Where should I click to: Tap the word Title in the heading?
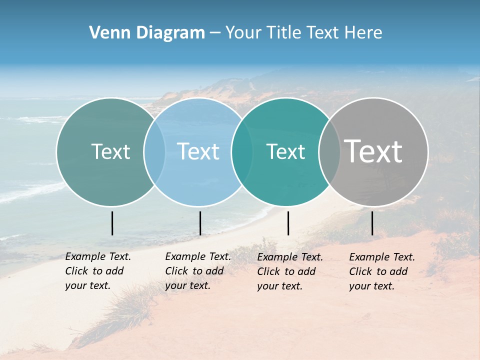click(x=283, y=33)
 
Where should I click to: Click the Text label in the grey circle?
click(x=373, y=151)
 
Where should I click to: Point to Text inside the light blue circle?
click(x=198, y=151)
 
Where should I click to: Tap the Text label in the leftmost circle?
click(x=110, y=151)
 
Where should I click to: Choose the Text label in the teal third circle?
click(x=285, y=151)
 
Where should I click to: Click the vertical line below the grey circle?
click(x=372, y=223)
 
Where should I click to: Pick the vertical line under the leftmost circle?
click(x=112, y=223)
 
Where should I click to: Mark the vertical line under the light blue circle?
click(x=200, y=223)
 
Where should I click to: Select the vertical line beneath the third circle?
click(x=288, y=223)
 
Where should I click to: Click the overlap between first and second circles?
click(x=154, y=152)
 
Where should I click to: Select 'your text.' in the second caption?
click(x=187, y=285)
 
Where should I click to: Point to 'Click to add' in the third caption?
click(x=286, y=271)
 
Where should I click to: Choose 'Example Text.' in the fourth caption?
click(x=382, y=257)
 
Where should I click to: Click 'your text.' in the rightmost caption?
click(x=371, y=286)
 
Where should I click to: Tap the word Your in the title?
click(x=243, y=33)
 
